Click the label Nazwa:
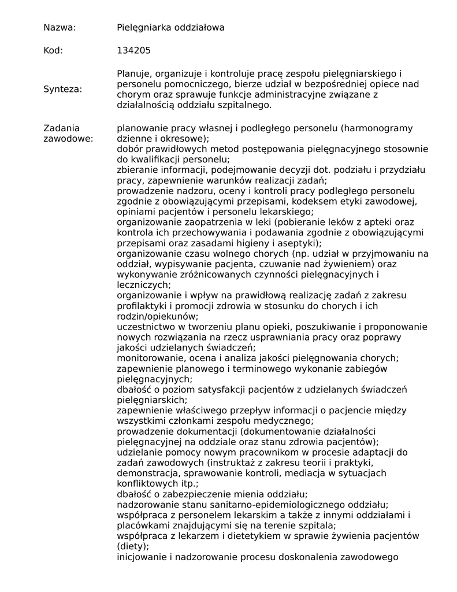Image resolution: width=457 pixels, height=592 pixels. point(60,27)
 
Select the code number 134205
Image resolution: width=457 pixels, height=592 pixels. point(133,51)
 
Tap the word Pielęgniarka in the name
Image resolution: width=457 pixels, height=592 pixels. point(141,27)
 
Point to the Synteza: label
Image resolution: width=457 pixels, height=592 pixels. point(62,89)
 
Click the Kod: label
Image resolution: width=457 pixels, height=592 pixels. point(53,51)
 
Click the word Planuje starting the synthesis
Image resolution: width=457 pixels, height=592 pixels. point(133,73)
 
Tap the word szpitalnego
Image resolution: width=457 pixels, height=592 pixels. point(243,105)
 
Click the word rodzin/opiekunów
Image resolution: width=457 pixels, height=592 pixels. point(157,316)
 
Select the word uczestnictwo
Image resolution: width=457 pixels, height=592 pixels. point(146,327)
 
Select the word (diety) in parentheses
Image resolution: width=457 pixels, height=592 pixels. point(132,546)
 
